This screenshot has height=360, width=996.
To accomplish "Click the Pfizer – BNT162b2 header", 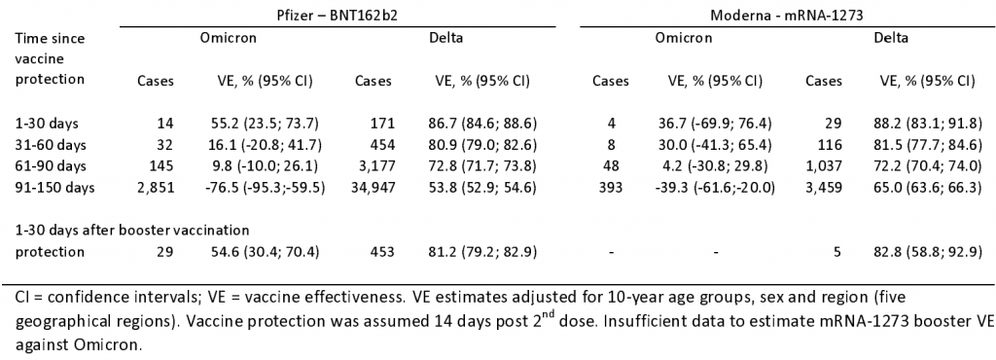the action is coord(338,12).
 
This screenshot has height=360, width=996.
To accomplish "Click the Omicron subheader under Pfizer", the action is coord(229,38).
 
